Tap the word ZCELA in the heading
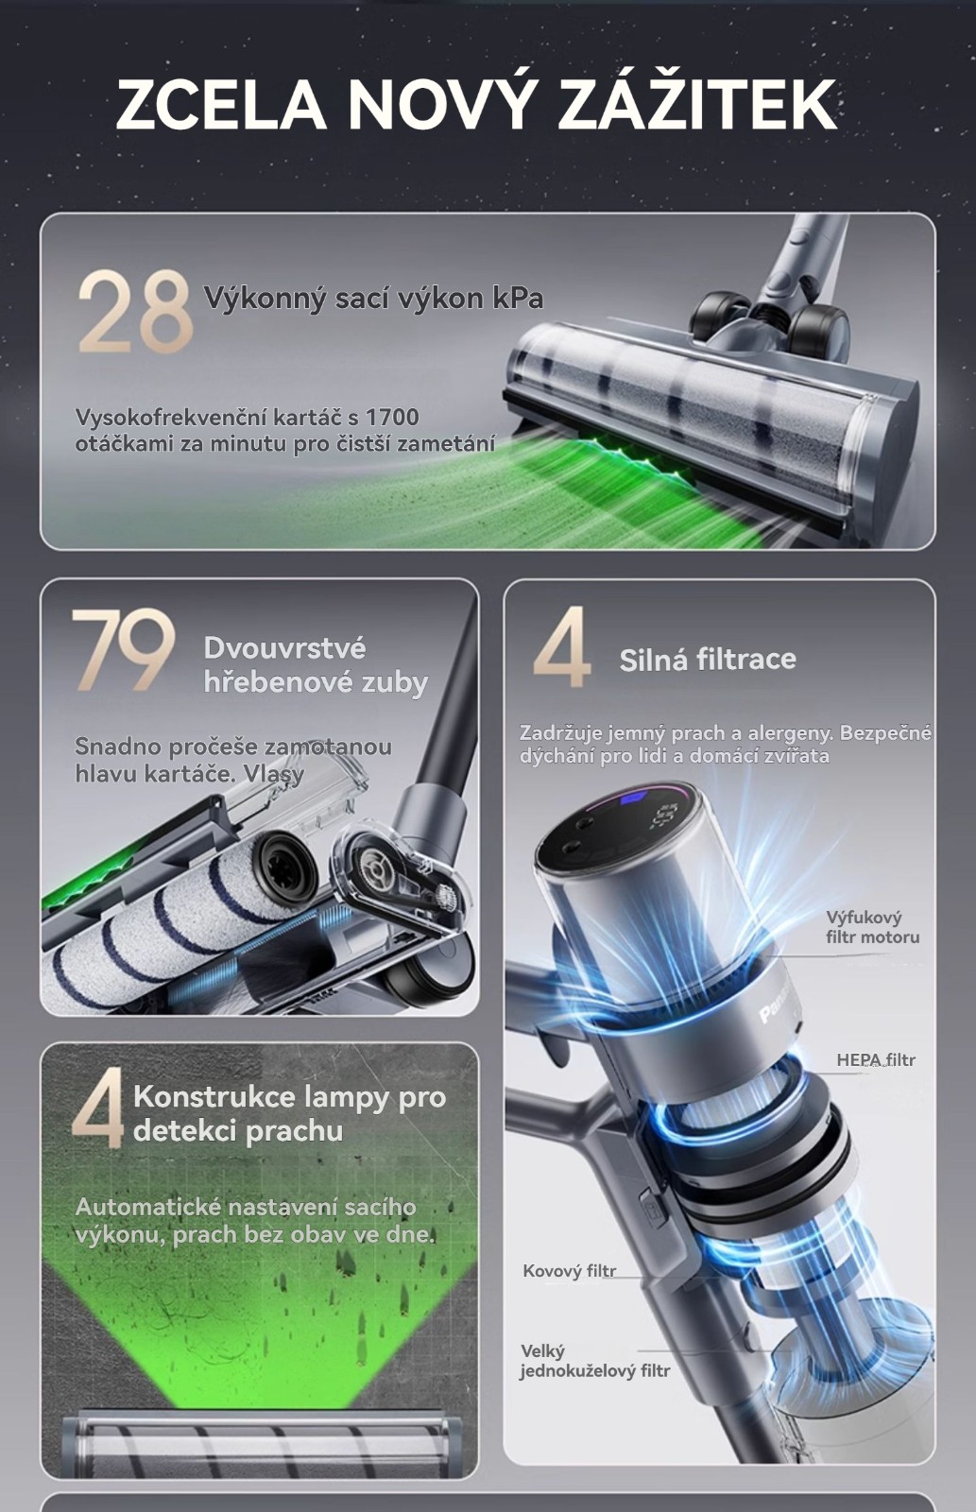[221, 105]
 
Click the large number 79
[124, 649]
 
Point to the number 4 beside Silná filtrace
[561, 646]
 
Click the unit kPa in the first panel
[517, 298]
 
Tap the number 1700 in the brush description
[391, 417]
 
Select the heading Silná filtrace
[708, 659]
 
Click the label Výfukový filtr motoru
[873, 927]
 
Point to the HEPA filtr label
[876, 1059]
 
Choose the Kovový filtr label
[569, 1271]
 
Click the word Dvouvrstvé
[284, 648]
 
